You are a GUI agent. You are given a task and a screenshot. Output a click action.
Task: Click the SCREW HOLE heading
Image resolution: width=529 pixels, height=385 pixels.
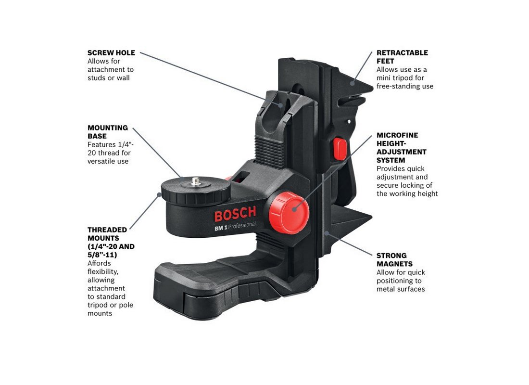tap(111, 53)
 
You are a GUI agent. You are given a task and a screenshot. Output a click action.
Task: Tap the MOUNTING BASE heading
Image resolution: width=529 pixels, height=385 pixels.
tap(108, 132)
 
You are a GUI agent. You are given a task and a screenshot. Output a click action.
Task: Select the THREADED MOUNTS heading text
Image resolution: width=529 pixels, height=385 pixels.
tap(111, 238)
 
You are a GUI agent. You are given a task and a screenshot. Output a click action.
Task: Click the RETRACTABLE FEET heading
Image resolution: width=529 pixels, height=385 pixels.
tap(402, 57)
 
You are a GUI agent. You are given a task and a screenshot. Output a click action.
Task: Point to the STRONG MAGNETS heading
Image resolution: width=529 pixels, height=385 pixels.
tap(394, 259)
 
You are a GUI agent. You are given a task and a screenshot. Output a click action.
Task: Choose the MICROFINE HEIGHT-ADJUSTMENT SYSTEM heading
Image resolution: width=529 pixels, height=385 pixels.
tap(401, 148)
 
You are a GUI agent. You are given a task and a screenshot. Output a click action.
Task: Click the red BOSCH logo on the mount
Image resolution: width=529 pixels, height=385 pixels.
tap(235, 214)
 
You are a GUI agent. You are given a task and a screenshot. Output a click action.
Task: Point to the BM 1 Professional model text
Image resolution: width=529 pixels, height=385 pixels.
tap(235, 227)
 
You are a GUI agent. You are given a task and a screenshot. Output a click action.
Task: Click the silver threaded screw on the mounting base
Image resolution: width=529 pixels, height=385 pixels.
tap(196, 181)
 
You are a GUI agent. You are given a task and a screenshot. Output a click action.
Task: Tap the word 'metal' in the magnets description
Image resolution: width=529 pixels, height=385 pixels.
tap(386, 289)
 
